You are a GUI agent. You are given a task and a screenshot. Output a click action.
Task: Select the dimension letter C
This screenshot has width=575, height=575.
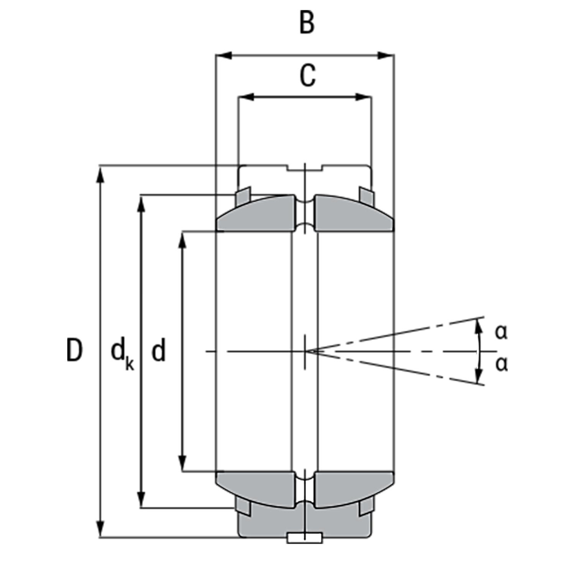[x=308, y=76]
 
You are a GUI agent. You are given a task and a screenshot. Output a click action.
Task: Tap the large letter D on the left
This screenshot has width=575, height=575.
[x=74, y=350]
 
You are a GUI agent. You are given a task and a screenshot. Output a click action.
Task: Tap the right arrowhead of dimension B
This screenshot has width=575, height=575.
[x=386, y=56]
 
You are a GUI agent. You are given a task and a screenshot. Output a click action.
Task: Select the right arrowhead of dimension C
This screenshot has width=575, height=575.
[x=363, y=97]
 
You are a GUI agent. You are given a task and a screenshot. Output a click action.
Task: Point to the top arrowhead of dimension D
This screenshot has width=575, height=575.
[x=101, y=175]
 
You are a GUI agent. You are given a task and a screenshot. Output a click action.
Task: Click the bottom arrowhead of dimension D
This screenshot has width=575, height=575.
[x=101, y=529]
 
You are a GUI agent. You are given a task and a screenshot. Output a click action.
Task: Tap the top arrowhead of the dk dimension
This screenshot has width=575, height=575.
[x=142, y=204]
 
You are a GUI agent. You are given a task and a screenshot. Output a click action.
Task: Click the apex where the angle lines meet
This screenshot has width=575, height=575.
[x=309, y=351]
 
